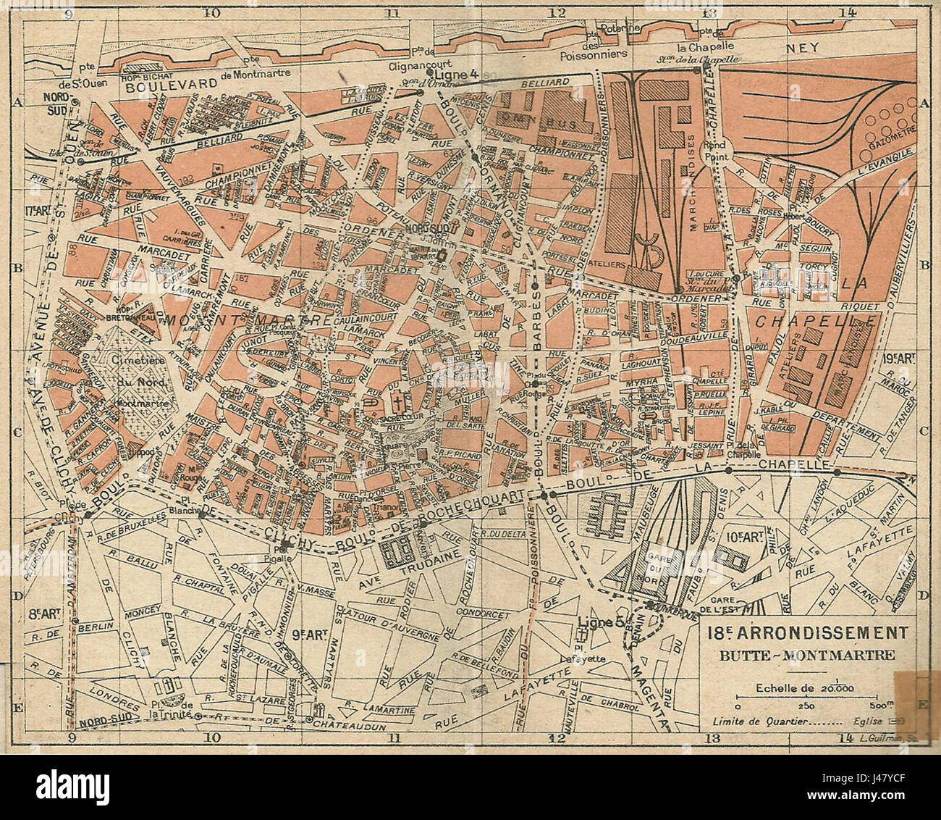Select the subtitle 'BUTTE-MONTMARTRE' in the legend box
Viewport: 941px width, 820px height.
point(805,656)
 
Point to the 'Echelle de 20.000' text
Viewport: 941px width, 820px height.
point(795,688)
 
